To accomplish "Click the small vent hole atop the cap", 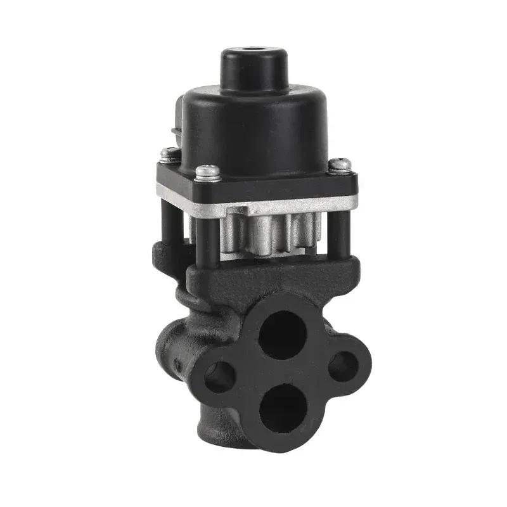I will pos(253,49).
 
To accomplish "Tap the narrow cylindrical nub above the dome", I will pos(253,67).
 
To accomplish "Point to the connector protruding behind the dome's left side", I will pos(177,124).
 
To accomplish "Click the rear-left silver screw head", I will pos(169,153).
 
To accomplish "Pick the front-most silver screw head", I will pos(208,171).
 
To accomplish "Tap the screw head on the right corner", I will pos(340,164).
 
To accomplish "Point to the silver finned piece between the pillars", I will pos(266,234).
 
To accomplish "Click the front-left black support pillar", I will pos(204,238).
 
